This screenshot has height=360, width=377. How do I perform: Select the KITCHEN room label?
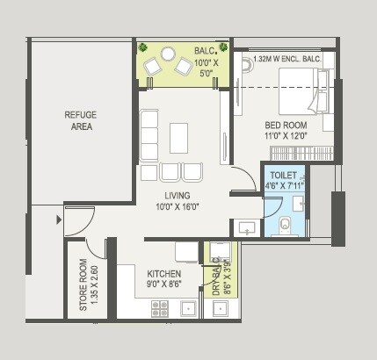[164, 274]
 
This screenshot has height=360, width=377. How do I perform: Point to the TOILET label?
[283, 175]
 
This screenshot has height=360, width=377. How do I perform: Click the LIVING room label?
[179, 195]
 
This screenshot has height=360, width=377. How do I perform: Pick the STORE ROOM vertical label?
[83, 284]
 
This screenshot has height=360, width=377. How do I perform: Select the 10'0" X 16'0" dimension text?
[179, 206]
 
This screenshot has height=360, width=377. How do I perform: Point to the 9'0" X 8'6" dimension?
[164, 284]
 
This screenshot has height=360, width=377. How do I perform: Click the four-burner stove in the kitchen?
[160, 307]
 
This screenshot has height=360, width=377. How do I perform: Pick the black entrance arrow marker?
[60, 219]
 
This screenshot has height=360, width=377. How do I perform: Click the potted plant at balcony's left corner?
[142, 47]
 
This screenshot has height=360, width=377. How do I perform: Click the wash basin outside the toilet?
[248, 227]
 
